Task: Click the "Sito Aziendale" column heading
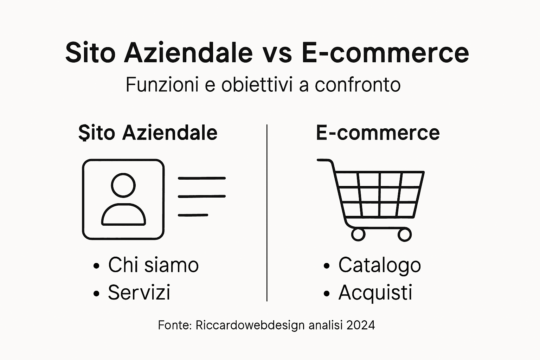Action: click(148, 133)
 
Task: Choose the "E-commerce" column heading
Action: click(378, 133)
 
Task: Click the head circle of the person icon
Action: click(123, 185)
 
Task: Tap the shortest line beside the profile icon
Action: click(193, 215)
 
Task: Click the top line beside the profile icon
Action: click(201, 178)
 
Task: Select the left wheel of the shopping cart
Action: click(358, 234)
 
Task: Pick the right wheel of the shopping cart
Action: click(404, 234)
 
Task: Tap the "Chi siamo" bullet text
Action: click(153, 265)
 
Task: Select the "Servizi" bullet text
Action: click(139, 292)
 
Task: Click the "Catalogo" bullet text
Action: click(379, 265)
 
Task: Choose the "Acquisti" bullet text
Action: click(375, 292)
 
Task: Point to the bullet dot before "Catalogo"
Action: click(327, 266)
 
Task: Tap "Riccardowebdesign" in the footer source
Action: click(250, 325)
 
